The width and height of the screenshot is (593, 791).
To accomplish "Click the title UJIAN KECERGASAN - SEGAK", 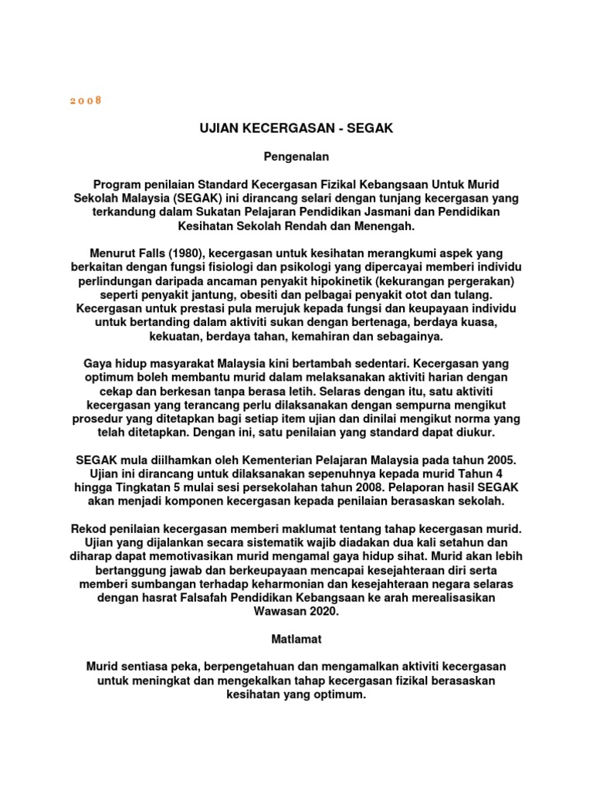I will (296, 128).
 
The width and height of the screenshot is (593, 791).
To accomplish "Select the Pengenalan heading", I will (296, 157).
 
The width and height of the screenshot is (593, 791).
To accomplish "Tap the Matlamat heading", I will (296, 640).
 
